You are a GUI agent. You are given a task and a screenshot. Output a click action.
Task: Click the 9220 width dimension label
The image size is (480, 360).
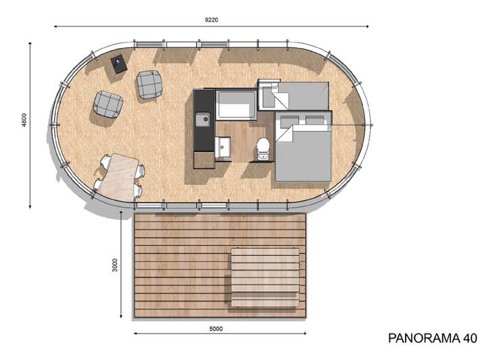tap(211, 20)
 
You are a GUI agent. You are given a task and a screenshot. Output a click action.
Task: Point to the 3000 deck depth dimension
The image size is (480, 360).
tap(116, 264)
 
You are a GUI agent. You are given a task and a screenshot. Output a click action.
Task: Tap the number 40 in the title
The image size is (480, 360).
tap(466, 338)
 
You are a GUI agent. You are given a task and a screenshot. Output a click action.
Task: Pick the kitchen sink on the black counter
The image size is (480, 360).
tap(202, 120)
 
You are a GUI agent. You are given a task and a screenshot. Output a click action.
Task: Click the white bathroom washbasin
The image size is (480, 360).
tap(222, 145)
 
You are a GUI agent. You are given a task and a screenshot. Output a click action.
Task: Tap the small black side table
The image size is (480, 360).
tap(119, 64)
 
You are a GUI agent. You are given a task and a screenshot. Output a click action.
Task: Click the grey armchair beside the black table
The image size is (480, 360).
tap(149, 84)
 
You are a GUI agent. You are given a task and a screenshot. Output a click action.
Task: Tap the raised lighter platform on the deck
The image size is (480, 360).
tap(265, 276)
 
